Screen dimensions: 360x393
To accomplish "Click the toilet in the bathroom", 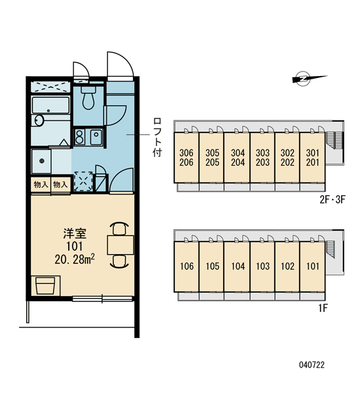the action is tap(88, 98).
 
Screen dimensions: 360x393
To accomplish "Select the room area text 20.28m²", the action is tap(75, 259).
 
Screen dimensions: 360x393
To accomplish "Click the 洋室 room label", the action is tap(75, 234).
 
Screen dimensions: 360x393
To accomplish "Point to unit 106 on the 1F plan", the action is tap(187, 267).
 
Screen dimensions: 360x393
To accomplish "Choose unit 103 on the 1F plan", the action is tap(262, 267).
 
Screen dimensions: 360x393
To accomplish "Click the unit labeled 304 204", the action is tap(238, 157).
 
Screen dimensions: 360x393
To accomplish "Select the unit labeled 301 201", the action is tap(312, 157).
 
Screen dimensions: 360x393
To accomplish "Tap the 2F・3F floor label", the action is tap(333, 200).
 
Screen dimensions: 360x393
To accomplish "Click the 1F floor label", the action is tap(323, 308).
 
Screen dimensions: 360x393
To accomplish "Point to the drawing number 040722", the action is tap(312, 365).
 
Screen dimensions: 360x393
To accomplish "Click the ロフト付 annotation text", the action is tap(157, 138).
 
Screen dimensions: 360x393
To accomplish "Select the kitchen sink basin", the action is tap(96, 137).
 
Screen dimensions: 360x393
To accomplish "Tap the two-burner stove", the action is tap(79, 137).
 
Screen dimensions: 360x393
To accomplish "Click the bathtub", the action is tap(51, 105).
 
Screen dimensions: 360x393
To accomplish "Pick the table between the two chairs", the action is tap(120, 245).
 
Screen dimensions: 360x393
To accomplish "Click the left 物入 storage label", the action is tap(41, 185).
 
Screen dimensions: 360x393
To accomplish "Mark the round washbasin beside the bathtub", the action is tap(39, 121).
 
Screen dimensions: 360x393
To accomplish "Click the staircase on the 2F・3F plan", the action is tap(334, 140).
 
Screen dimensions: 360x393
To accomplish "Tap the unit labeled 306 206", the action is tap(187, 157).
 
